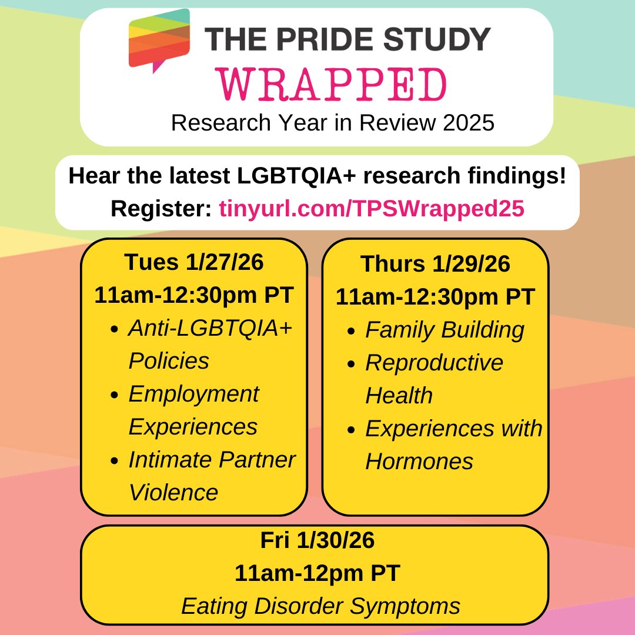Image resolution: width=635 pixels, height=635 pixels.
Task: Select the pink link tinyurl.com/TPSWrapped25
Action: [x=371, y=209]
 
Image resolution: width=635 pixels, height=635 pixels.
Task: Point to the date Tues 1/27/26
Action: [x=194, y=263]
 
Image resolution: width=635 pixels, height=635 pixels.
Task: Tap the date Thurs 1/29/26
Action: [x=435, y=264]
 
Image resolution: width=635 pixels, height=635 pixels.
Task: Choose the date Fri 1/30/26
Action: [x=317, y=540]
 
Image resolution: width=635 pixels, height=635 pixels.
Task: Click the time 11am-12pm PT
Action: [x=317, y=573]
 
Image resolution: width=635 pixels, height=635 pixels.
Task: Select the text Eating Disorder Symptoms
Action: [x=320, y=606]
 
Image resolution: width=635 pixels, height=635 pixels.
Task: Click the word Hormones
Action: [x=419, y=462]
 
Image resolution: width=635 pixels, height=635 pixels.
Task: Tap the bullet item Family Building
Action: [x=444, y=330]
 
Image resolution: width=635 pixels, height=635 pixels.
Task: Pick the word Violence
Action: [x=173, y=492]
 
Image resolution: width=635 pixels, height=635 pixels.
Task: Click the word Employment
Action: [x=193, y=394]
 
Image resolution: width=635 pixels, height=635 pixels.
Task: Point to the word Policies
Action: [x=169, y=360]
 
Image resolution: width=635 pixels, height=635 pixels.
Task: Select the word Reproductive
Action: [x=434, y=363]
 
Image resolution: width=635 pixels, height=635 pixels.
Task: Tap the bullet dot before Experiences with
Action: [x=351, y=430]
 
